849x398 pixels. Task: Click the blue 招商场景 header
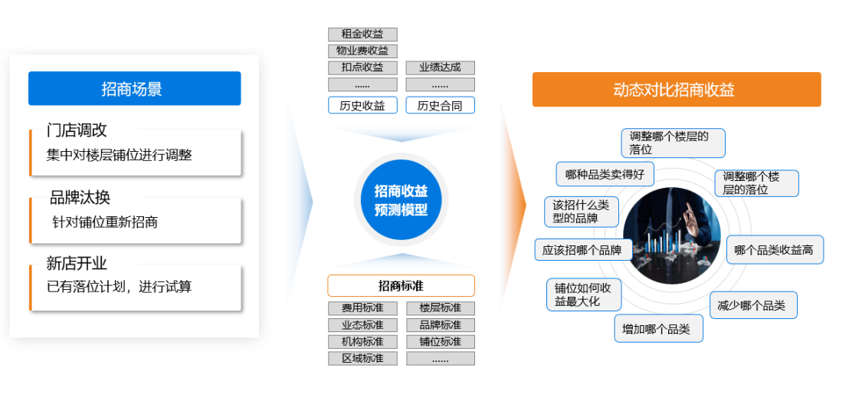click(134, 88)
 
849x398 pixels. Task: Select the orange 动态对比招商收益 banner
click(677, 90)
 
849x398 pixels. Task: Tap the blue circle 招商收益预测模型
click(402, 200)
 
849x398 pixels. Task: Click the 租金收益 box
click(362, 35)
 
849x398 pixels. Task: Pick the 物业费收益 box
click(362, 51)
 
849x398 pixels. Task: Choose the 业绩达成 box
click(440, 67)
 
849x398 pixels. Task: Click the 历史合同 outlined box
click(440, 105)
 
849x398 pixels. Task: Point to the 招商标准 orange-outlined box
click(402, 286)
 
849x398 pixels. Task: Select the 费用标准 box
click(362, 308)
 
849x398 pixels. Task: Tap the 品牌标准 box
click(440, 325)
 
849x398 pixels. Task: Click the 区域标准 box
click(362, 358)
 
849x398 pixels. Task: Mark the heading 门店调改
click(77, 130)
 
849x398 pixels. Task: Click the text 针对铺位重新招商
click(105, 222)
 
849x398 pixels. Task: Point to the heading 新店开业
click(77, 264)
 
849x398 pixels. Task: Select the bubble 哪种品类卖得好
click(605, 174)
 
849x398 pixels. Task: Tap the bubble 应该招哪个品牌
click(584, 250)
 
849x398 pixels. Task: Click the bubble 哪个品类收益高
click(775, 250)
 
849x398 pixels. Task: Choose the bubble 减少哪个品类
click(753, 305)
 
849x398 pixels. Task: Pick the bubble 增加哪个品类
click(658, 328)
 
